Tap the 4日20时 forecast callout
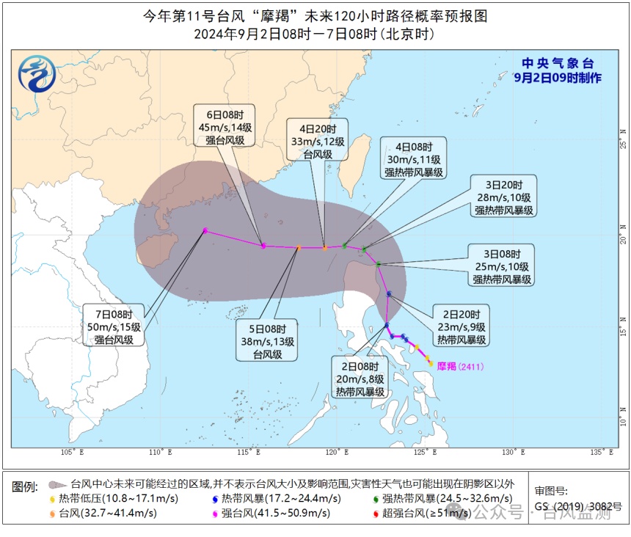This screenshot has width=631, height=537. [318, 139]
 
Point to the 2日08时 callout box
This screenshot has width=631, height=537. [360, 379]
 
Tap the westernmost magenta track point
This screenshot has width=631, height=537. [205, 230]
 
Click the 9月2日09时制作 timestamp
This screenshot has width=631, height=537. [558, 78]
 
